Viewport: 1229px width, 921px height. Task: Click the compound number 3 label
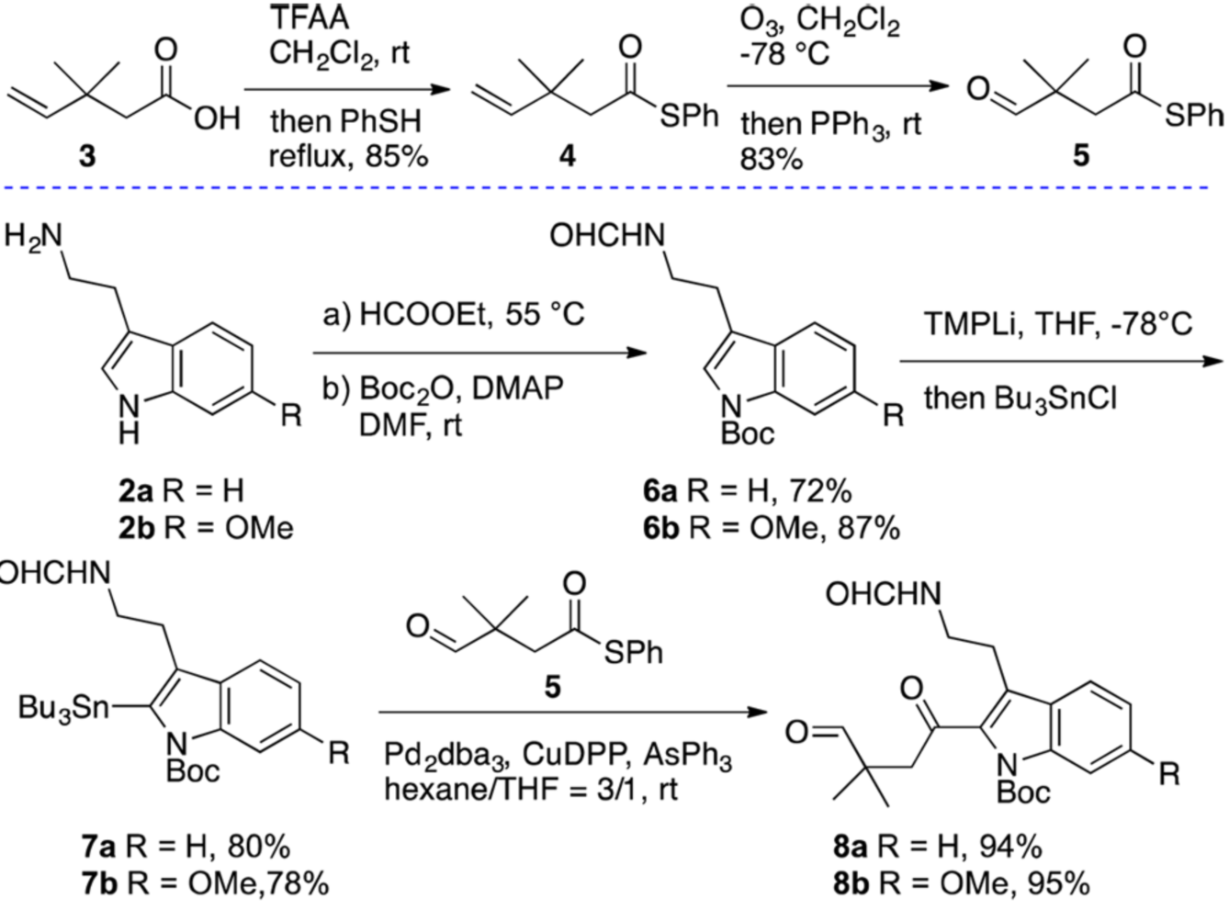tap(86, 156)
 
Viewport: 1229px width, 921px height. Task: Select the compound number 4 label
tap(568, 156)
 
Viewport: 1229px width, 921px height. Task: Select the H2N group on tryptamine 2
tap(33, 236)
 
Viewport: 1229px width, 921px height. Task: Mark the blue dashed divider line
tap(614, 188)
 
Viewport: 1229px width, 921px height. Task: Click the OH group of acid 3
tap(217, 119)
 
